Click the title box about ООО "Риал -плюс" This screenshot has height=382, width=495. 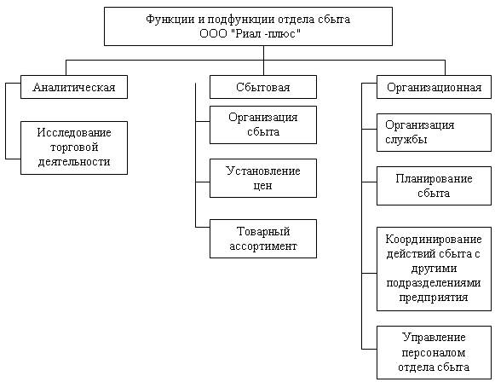[x=248, y=26]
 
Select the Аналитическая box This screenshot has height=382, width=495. [x=74, y=87]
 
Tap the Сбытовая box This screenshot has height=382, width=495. [x=263, y=87]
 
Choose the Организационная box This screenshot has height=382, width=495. [x=434, y=87]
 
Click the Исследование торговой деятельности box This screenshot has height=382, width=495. [x=74, y=148]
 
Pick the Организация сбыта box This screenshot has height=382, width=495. [x=263, y=124]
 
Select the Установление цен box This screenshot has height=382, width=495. [x=263, y=178]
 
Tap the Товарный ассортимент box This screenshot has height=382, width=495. [x=263, y=239]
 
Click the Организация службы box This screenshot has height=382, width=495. [x=434, y=132]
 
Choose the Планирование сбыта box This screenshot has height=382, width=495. [x=434, y=186]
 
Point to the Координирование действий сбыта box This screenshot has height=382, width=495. [x=434, y=269]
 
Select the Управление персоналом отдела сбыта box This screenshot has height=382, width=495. [x=434, y=353]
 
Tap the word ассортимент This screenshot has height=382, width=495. [x=263, y=246]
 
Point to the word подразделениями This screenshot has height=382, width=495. [x=434, y=283]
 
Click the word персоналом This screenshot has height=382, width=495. [x=434, y=353]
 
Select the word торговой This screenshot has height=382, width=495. [x=74, y=148]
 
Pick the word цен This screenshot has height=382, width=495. [x=262, y=186]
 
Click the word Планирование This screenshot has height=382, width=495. [x=434, y=179]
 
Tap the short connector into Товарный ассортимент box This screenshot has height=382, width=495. [x=203, y=227]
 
